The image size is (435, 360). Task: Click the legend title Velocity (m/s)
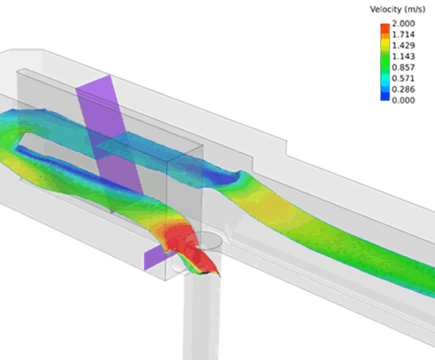coord(397,9)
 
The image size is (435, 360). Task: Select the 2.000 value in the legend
coord(402,24)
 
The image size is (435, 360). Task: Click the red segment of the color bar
coord(385,29)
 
